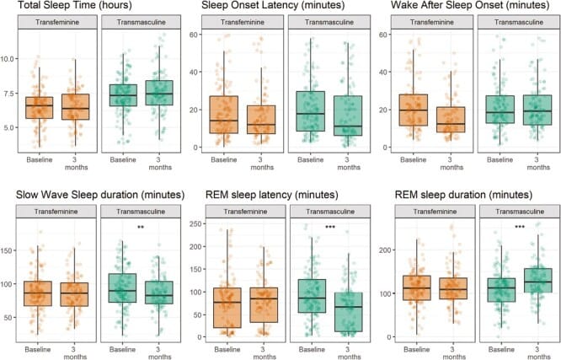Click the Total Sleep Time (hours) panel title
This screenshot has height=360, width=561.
click(x=70, y=8)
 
